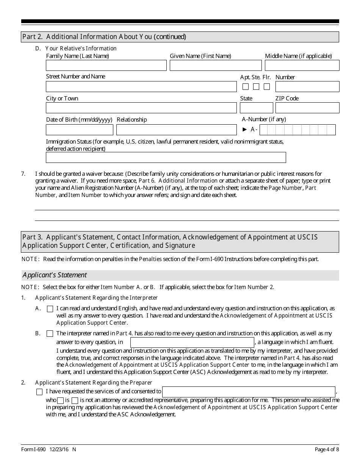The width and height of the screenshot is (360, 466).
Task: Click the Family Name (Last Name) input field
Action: click(106, 66)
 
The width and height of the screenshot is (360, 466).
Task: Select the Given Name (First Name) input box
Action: click(216, 66)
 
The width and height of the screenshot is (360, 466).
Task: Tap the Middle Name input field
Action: click(302, 66)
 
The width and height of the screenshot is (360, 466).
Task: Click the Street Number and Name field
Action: click(141, 86)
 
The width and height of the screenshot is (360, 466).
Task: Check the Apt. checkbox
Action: click(246, 87)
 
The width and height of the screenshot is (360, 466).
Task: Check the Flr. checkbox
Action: click(267, 87)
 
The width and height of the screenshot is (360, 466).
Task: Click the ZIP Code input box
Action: click(307, 108)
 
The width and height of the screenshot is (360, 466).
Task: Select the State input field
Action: click(254, 108)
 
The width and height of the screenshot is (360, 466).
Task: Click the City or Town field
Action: click(141, 108)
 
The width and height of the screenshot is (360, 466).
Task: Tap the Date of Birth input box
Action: click(80, 130)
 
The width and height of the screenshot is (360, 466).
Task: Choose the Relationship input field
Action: click(176, 130)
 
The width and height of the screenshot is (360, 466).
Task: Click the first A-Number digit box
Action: click(264, 130)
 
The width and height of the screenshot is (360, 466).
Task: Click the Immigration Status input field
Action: click(166, 157)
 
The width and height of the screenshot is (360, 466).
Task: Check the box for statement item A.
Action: click(50, 309)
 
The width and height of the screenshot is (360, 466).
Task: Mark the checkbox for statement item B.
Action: click(50, 334)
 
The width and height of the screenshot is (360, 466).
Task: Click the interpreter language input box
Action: click(192, 342)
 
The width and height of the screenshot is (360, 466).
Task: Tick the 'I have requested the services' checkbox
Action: click(39, 392)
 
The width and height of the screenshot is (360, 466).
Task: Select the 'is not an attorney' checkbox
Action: click(75, 400)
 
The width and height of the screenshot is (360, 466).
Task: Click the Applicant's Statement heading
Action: click(55, 275)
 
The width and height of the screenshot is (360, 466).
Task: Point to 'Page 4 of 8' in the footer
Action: click(327, 450)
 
